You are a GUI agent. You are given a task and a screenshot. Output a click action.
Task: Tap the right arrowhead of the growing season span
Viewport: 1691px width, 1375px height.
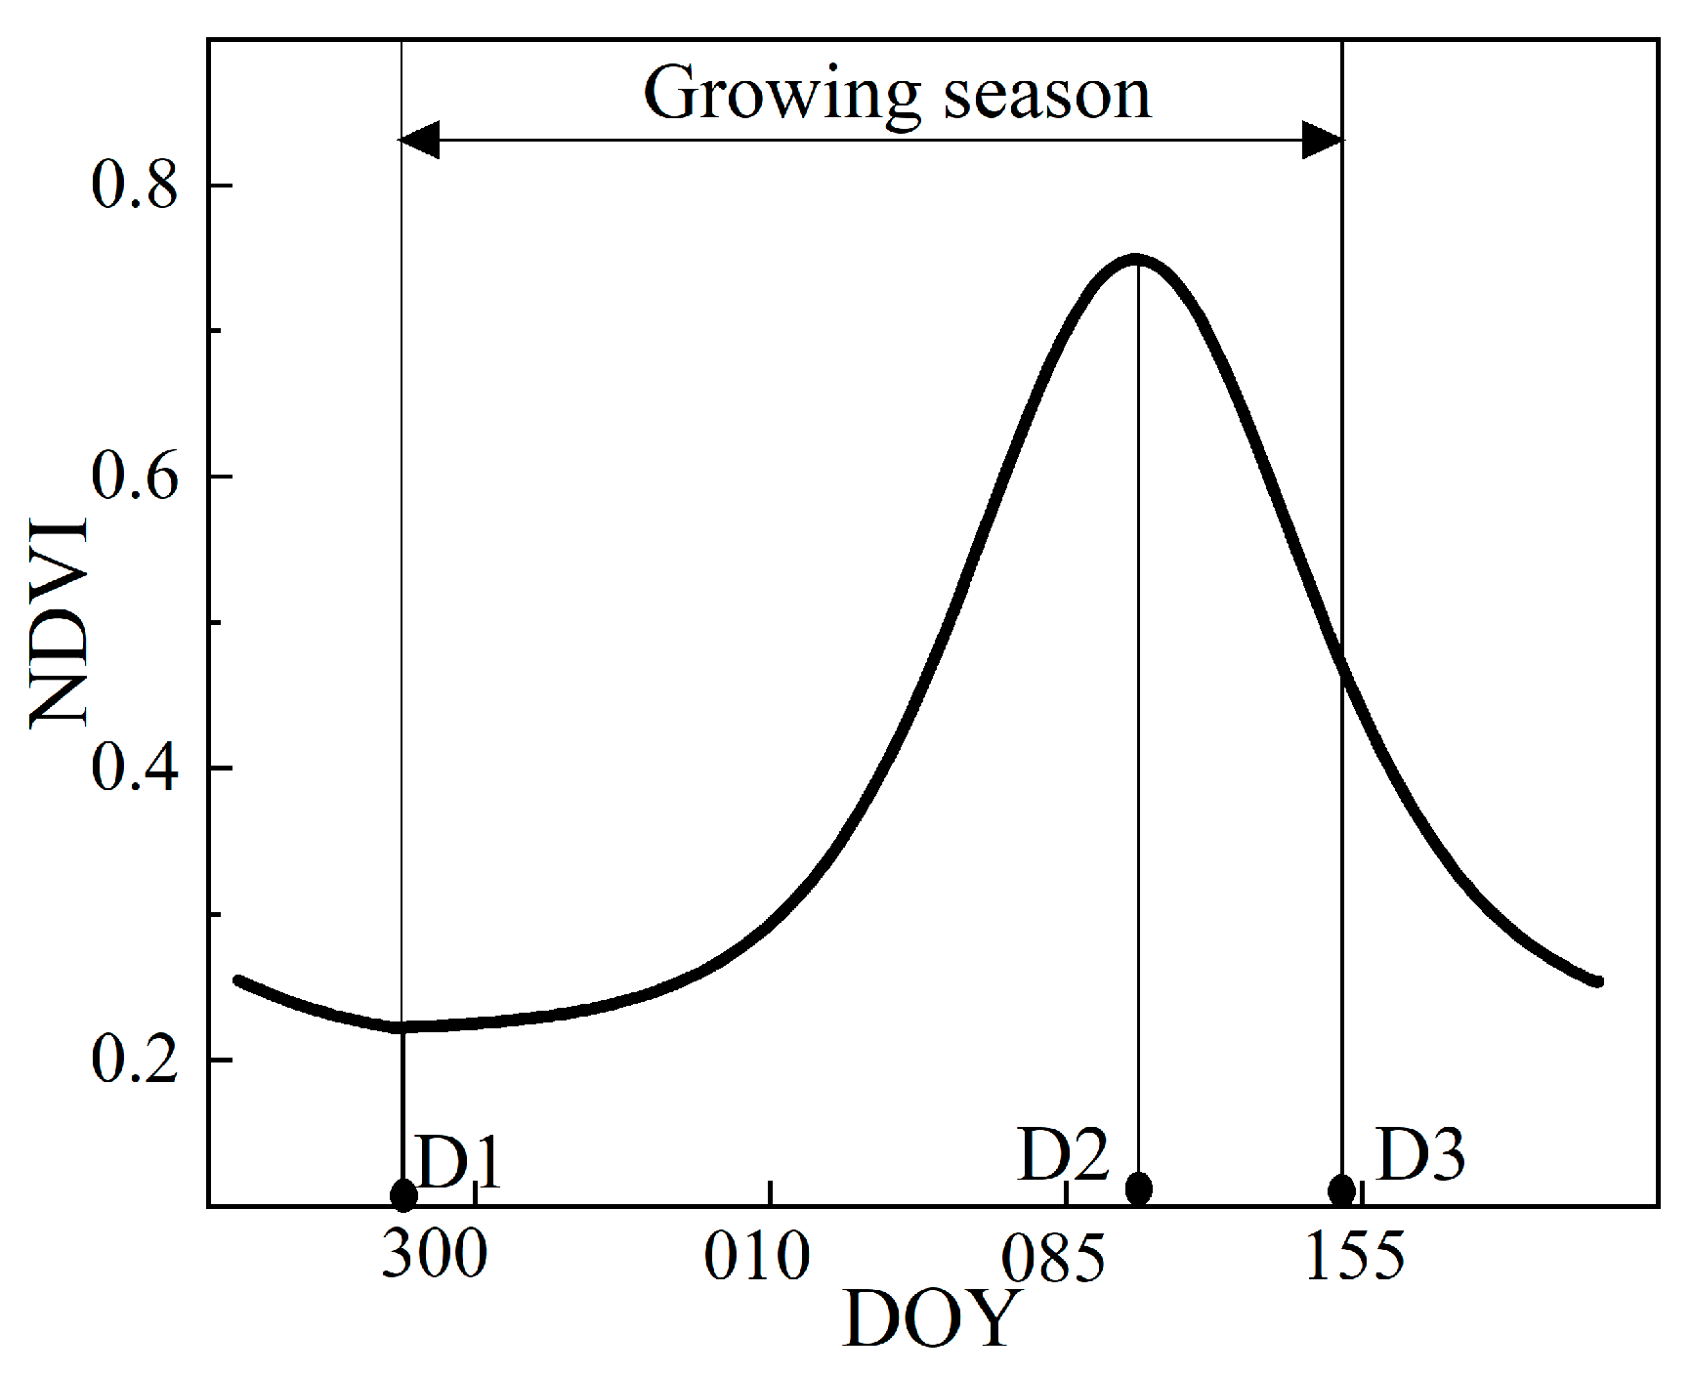click(x=1324, y=141)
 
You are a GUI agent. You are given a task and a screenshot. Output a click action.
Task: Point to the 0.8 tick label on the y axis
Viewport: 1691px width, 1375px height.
click(x=135, y=185)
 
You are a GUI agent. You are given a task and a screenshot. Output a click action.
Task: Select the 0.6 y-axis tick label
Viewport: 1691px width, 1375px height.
click(x=135, y=477)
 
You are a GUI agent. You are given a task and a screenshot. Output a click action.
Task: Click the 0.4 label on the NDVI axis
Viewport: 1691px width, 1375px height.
click(x=135, y=768)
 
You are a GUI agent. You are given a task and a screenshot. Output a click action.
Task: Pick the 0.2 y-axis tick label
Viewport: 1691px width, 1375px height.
click(x=135, y=1060)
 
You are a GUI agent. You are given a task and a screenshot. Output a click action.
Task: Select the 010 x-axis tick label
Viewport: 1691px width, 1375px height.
click(x=757, y=1256)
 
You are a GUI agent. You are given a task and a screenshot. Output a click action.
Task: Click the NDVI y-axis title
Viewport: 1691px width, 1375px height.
click(x=61, y=622)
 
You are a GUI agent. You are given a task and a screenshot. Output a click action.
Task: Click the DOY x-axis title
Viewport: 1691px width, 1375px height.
click(x=930, y=1319)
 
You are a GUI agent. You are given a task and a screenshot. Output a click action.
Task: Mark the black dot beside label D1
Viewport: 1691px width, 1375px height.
click(x=403, y=1194)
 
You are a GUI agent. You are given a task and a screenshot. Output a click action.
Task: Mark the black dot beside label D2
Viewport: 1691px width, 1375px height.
click(x=1138, y=1188)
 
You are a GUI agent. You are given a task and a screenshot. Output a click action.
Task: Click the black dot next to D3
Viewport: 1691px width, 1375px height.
click(x=1342, y=1190)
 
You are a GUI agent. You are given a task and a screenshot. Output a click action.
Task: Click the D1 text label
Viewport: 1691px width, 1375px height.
click(x=459, y=1162)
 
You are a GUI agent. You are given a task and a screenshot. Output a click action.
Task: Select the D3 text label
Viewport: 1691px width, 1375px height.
click(x=1421, y=1155)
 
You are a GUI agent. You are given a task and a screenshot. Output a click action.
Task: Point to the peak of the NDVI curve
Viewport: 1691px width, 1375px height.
click(x=1136, y=259)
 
